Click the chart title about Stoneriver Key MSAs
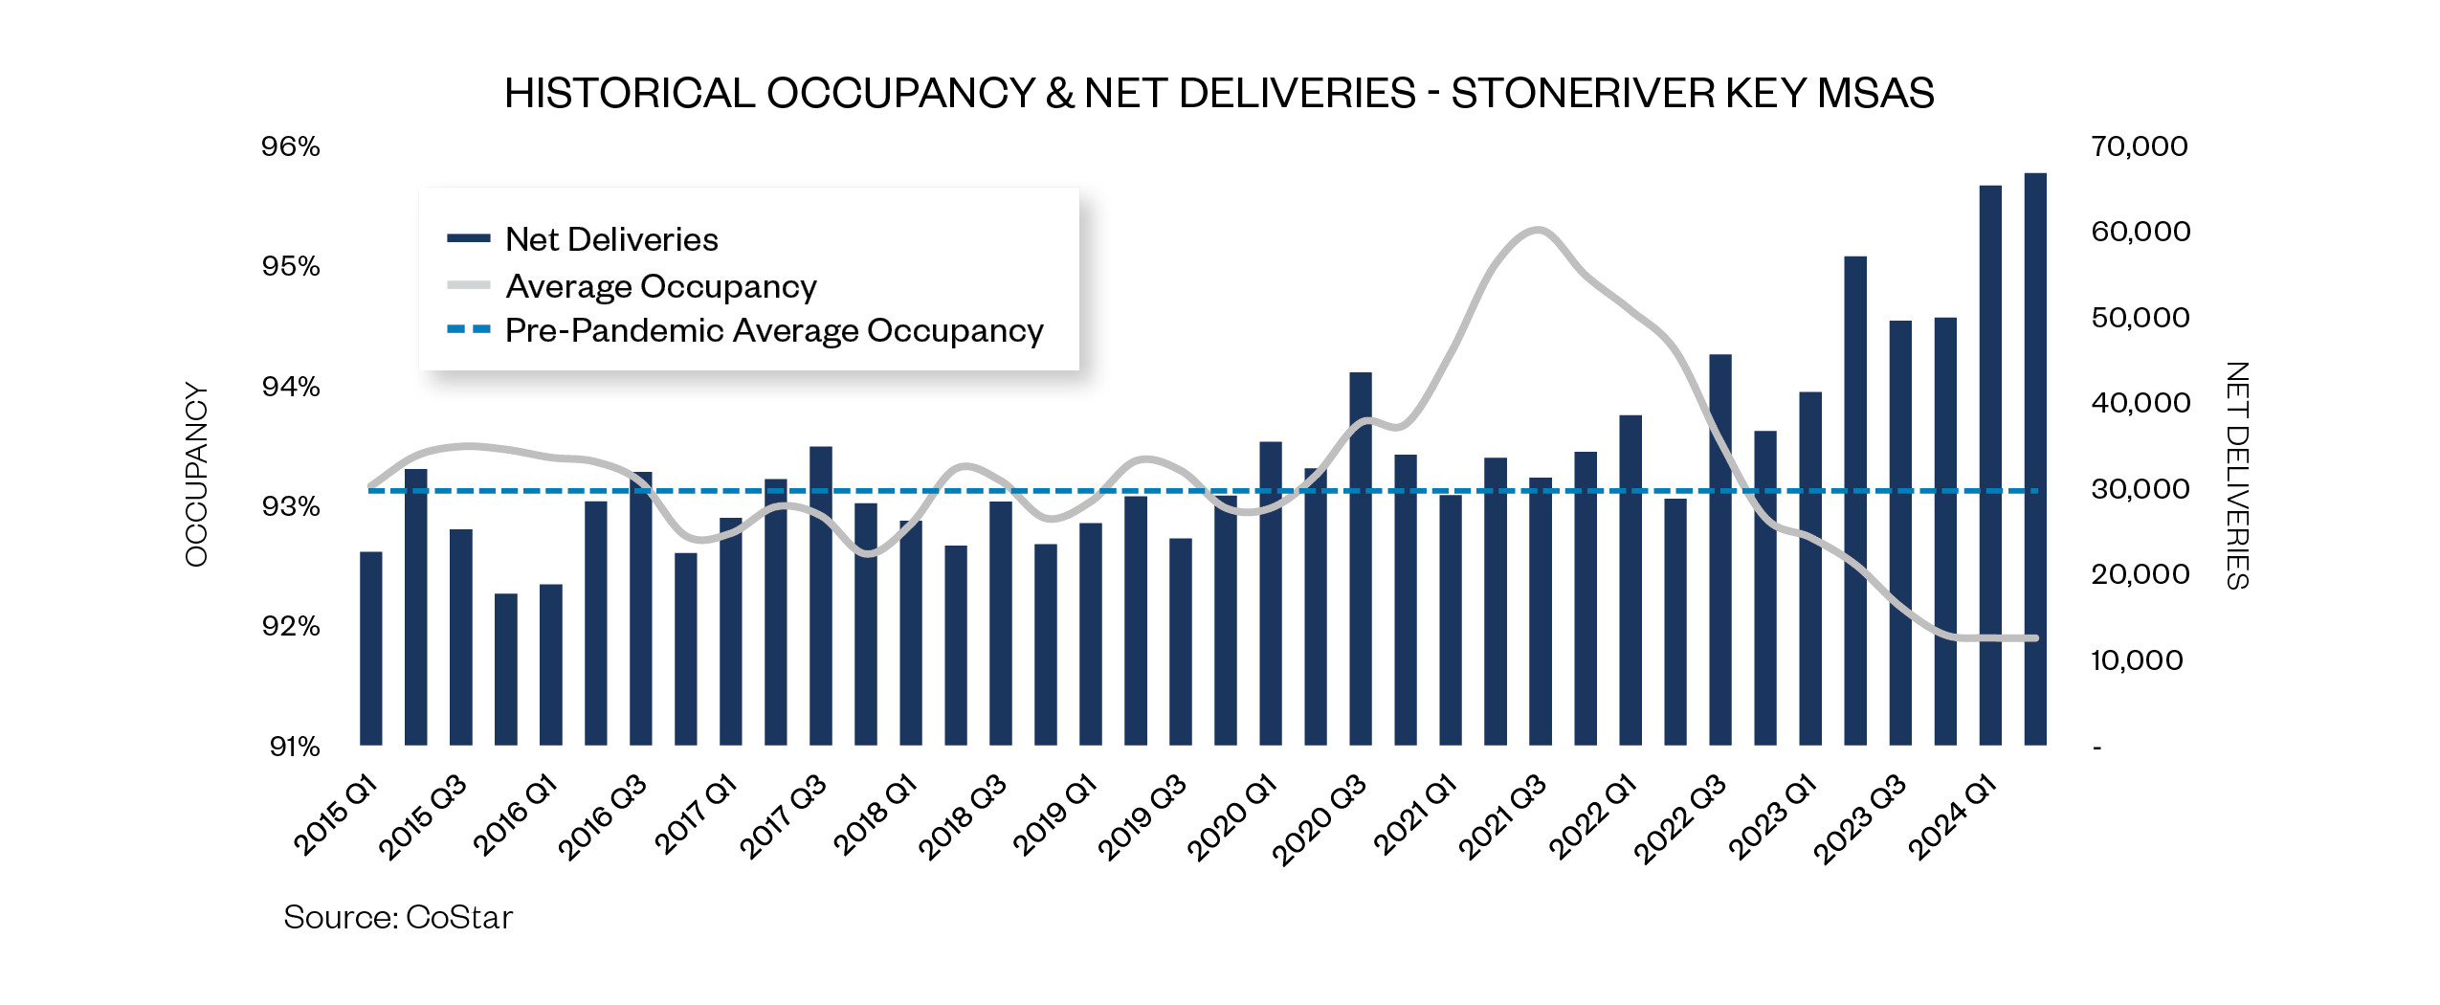tap(1219, 94)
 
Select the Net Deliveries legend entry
tap(610, 239)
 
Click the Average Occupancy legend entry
tap(660, 286)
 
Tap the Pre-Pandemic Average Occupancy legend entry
tap(773, 330)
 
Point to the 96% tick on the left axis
tap(291, 146)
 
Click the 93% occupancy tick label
tap(291, 506)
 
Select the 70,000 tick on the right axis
tap(2140, 146)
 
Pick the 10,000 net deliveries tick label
tap(2137, 660)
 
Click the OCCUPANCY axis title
tap(196, 475)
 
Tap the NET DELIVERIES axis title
tap(2237, 475)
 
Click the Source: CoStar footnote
tap(398, 917)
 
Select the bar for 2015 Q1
tap(371, 649)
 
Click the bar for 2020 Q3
tap(1361, 559)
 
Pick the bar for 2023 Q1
tap(1810, 569)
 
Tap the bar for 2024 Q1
tap(1990, 465)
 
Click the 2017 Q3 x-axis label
tap(783, 816)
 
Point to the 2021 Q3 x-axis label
tap(1501, 816)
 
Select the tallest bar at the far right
tap(2035, 459)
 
